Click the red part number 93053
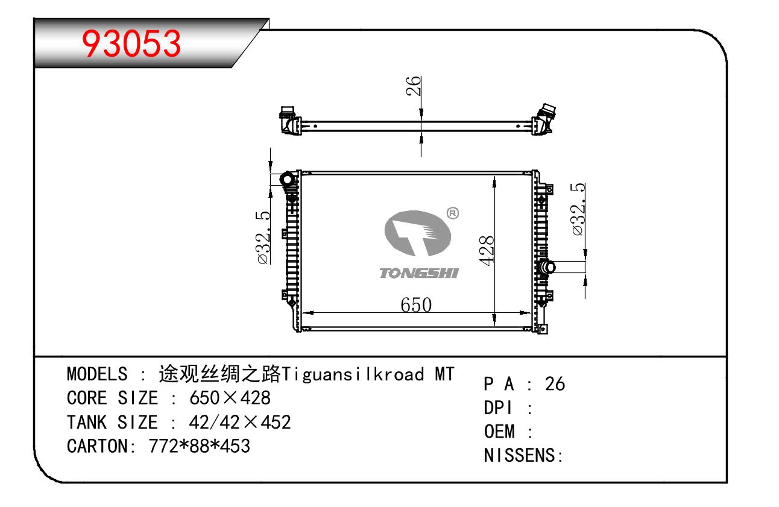tap(131, 43)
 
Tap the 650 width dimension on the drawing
tap(416, 305)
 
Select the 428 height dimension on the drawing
tap(486, 250)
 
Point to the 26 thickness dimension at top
tap(413, 86)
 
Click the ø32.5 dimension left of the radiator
tap(263, 238)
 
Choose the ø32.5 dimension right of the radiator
tap(578, 209)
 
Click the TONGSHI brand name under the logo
tap(419, 273)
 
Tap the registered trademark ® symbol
tap(452, 213)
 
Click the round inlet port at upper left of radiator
tap(288, 180)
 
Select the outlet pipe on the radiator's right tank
tap(547, 268)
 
